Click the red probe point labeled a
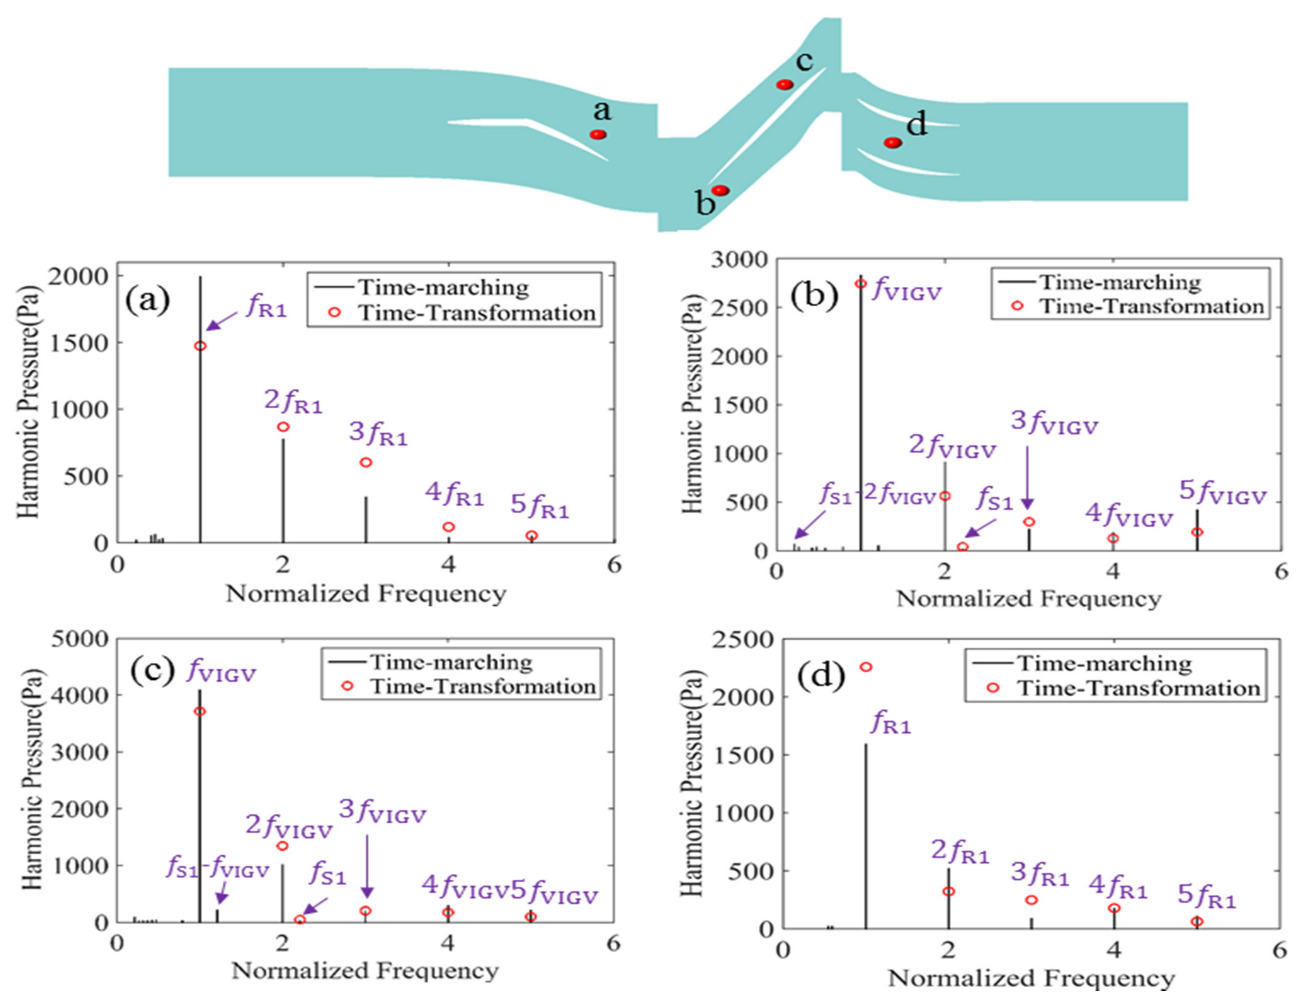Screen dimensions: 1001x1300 pos(598,135)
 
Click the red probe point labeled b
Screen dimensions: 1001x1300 pos(721,190)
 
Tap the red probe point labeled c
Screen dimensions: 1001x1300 pos(785,84)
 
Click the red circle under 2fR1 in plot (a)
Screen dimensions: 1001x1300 pos(283,427)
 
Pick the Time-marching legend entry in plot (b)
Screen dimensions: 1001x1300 pos(1119,282)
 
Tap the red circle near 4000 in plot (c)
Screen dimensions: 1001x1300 pos(200,711)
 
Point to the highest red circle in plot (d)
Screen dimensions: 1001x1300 pos(866,667)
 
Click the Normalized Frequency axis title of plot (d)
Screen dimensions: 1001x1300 pos(1031,978)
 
